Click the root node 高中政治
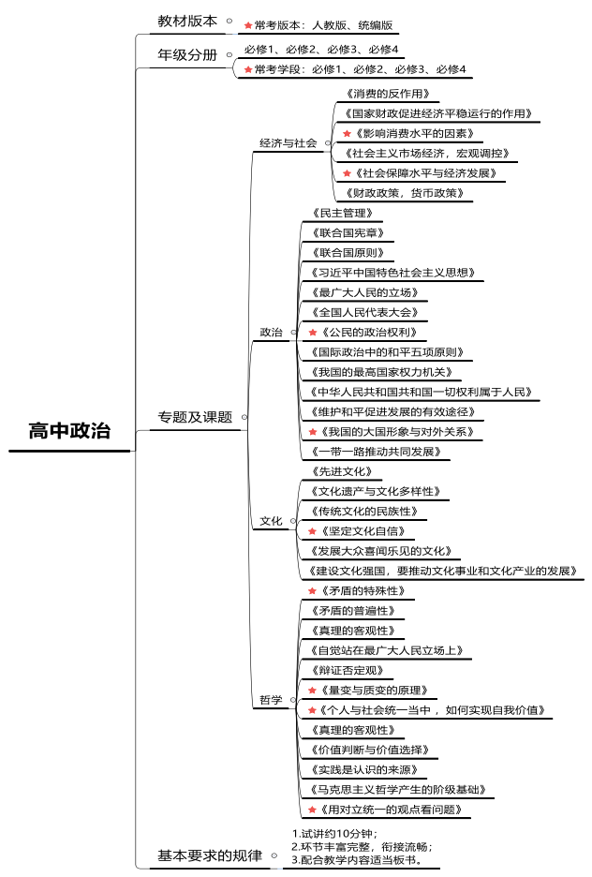point(69,431)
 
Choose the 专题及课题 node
point(195,417)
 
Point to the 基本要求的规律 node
point(210,855)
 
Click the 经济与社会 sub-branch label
point(289,143)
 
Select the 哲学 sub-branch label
point(271,700)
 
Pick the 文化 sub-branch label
point(271,521)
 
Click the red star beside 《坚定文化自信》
point(313,531)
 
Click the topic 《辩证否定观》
point(346,670)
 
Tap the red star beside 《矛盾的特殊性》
point(313,591)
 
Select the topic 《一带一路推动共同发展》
point(373,452)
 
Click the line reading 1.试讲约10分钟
point(334,833)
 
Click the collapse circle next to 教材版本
point(229,20)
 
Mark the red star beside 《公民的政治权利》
point(313,333)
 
